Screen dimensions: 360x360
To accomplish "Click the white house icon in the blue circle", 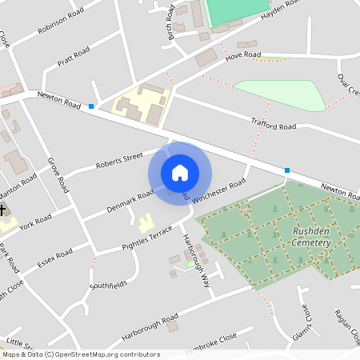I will pyautogui.click(x=180, y=173).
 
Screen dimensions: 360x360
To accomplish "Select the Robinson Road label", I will pyautogui.click(x=60, y=25).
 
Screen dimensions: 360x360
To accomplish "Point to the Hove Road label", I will pyautogui.click(x=243, y=55).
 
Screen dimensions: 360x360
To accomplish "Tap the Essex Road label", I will pyautogui.click(x=55, y=259).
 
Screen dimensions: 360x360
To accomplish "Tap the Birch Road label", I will pyautogui.click(x=169, y=24).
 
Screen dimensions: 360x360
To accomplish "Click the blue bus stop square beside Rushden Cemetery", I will pyautogui.click(x=287, y=170).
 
